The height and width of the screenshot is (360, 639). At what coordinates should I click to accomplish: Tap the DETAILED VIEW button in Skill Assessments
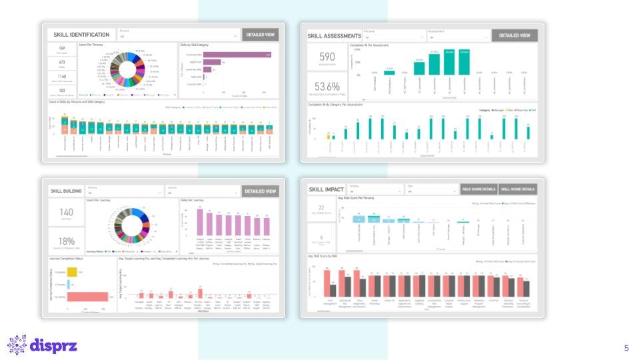[x=514, y=35]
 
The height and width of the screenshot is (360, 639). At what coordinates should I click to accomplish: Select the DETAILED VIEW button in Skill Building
[x=260, y=191]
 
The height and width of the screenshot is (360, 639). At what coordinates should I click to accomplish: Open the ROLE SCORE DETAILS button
[x=478, y=189]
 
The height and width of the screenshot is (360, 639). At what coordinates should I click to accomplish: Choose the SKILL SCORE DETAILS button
[x=518, y=189]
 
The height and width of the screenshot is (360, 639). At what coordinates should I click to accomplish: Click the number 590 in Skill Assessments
[x=327, y=57]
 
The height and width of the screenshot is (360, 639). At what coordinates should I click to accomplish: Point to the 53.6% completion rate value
[x=327, y=86]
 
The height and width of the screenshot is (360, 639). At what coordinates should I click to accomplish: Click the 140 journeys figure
[x=67, y=212]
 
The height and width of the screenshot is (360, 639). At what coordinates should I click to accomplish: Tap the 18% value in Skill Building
[x=67, y=241]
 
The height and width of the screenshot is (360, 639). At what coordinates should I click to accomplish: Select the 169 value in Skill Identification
[x=61, y=48]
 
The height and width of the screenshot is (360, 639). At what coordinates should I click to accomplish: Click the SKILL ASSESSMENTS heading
[x=334, y=35]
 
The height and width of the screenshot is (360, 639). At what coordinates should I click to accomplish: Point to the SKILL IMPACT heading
[x=326, y=189]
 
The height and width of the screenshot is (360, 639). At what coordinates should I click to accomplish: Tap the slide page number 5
[x=626, y=348]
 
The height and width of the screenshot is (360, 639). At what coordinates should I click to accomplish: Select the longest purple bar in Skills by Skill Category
[x=237, y=55]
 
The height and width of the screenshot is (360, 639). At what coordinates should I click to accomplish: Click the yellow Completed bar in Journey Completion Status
[x=73, y=272]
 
